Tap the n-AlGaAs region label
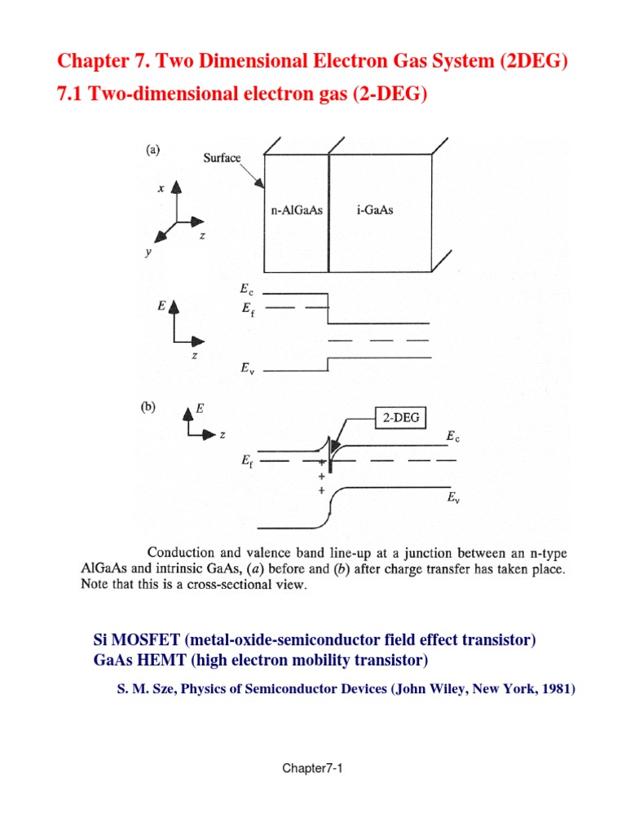tap(297, 210)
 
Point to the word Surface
tap(223, 158)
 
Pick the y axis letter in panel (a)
tap(148, 252)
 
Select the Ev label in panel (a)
tap(247, 368)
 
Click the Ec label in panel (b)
tap(452, 437)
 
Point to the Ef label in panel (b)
tap(247, 461)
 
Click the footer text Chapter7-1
tap(312, 768)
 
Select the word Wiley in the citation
tap(442, 689)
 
